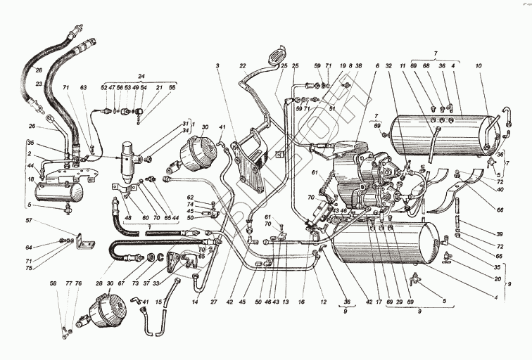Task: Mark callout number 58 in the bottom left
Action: pos(52,283)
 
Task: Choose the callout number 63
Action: pos(83,87)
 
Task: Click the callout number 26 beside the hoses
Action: pos(31,127)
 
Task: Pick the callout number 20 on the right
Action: pos(497,278)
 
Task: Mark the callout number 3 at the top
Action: pos(219,65)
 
